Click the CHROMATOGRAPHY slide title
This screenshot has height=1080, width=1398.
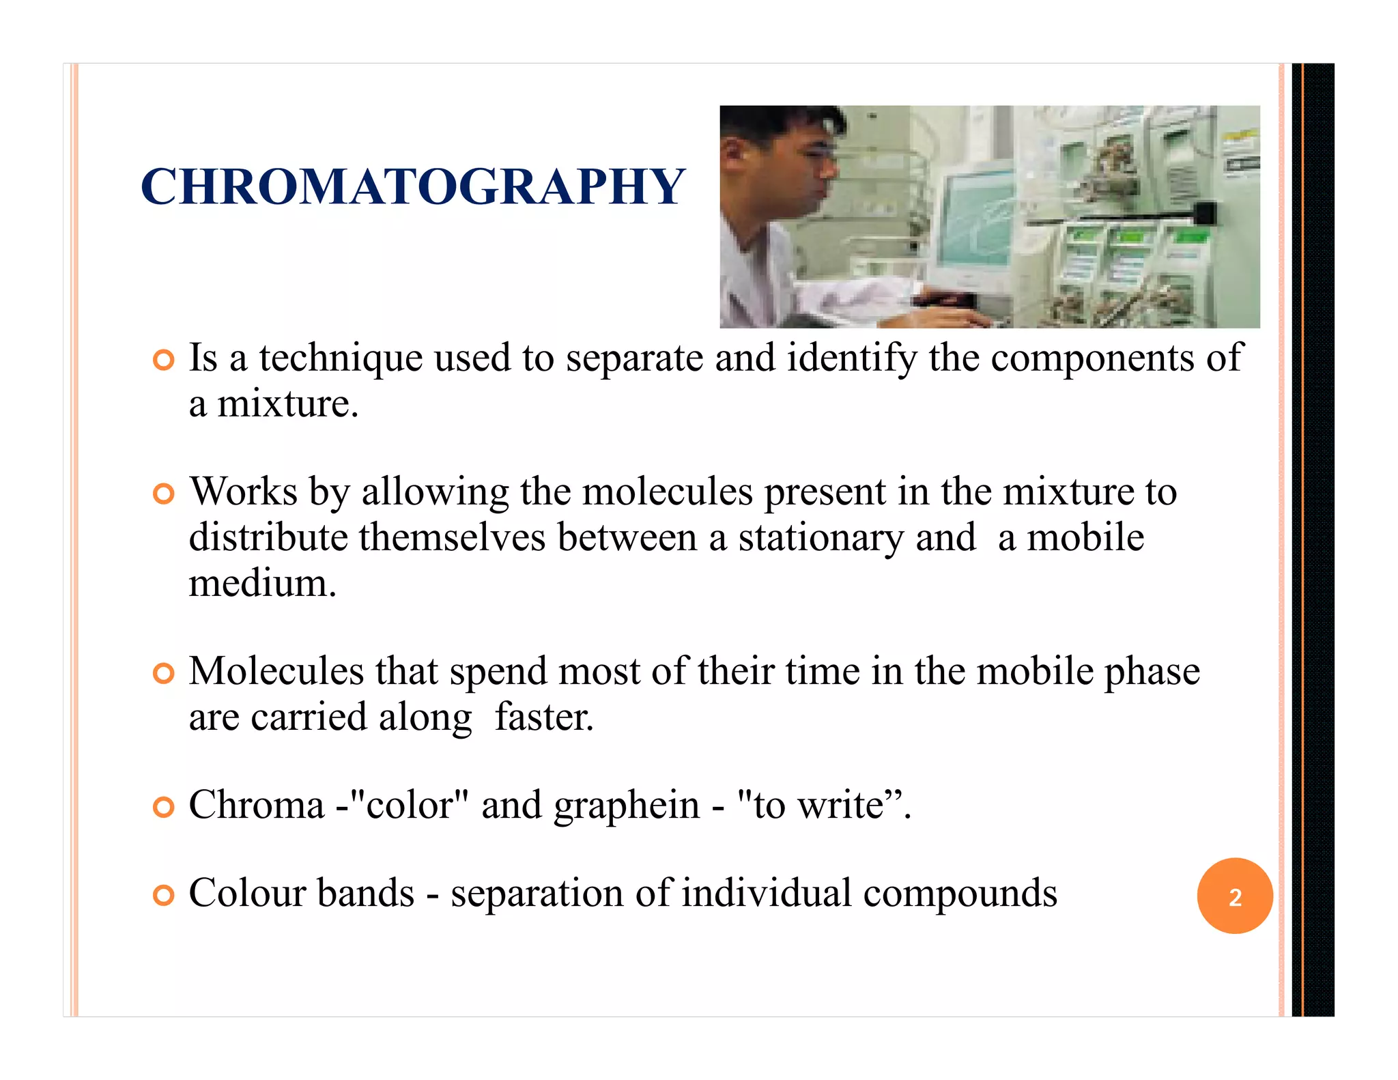coord(412,186)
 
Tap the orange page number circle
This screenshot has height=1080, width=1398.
coord(1234,896)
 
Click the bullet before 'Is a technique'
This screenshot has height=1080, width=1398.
coord(164,360)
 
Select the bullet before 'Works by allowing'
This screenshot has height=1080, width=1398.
coord(164,493)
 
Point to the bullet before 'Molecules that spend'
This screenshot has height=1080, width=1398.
coord(164,673)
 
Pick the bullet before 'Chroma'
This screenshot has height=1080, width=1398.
coord(164,807)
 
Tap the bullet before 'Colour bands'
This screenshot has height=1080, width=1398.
coord(164,894)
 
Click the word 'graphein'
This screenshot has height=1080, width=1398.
coord(626,806)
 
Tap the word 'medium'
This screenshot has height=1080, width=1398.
coord(262,584)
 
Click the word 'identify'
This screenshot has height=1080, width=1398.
coord(852,358)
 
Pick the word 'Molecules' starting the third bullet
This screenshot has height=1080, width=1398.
coord(276,671)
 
